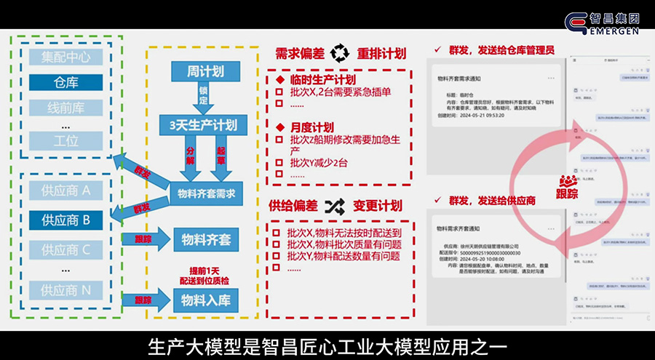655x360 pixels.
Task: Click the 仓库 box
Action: (x=65, y=82)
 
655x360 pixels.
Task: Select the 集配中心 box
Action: (x=65, y=57)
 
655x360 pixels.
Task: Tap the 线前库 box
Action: (x=65, y=108)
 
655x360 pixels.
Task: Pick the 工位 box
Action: (x=65, y=142)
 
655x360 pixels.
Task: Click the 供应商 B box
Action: (x=65, y=219)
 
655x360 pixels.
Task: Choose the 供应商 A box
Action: (x=65, y=191)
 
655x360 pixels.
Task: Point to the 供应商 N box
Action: (x=65, y=290)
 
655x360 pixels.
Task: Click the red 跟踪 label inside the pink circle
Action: (x=568, y=194)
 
